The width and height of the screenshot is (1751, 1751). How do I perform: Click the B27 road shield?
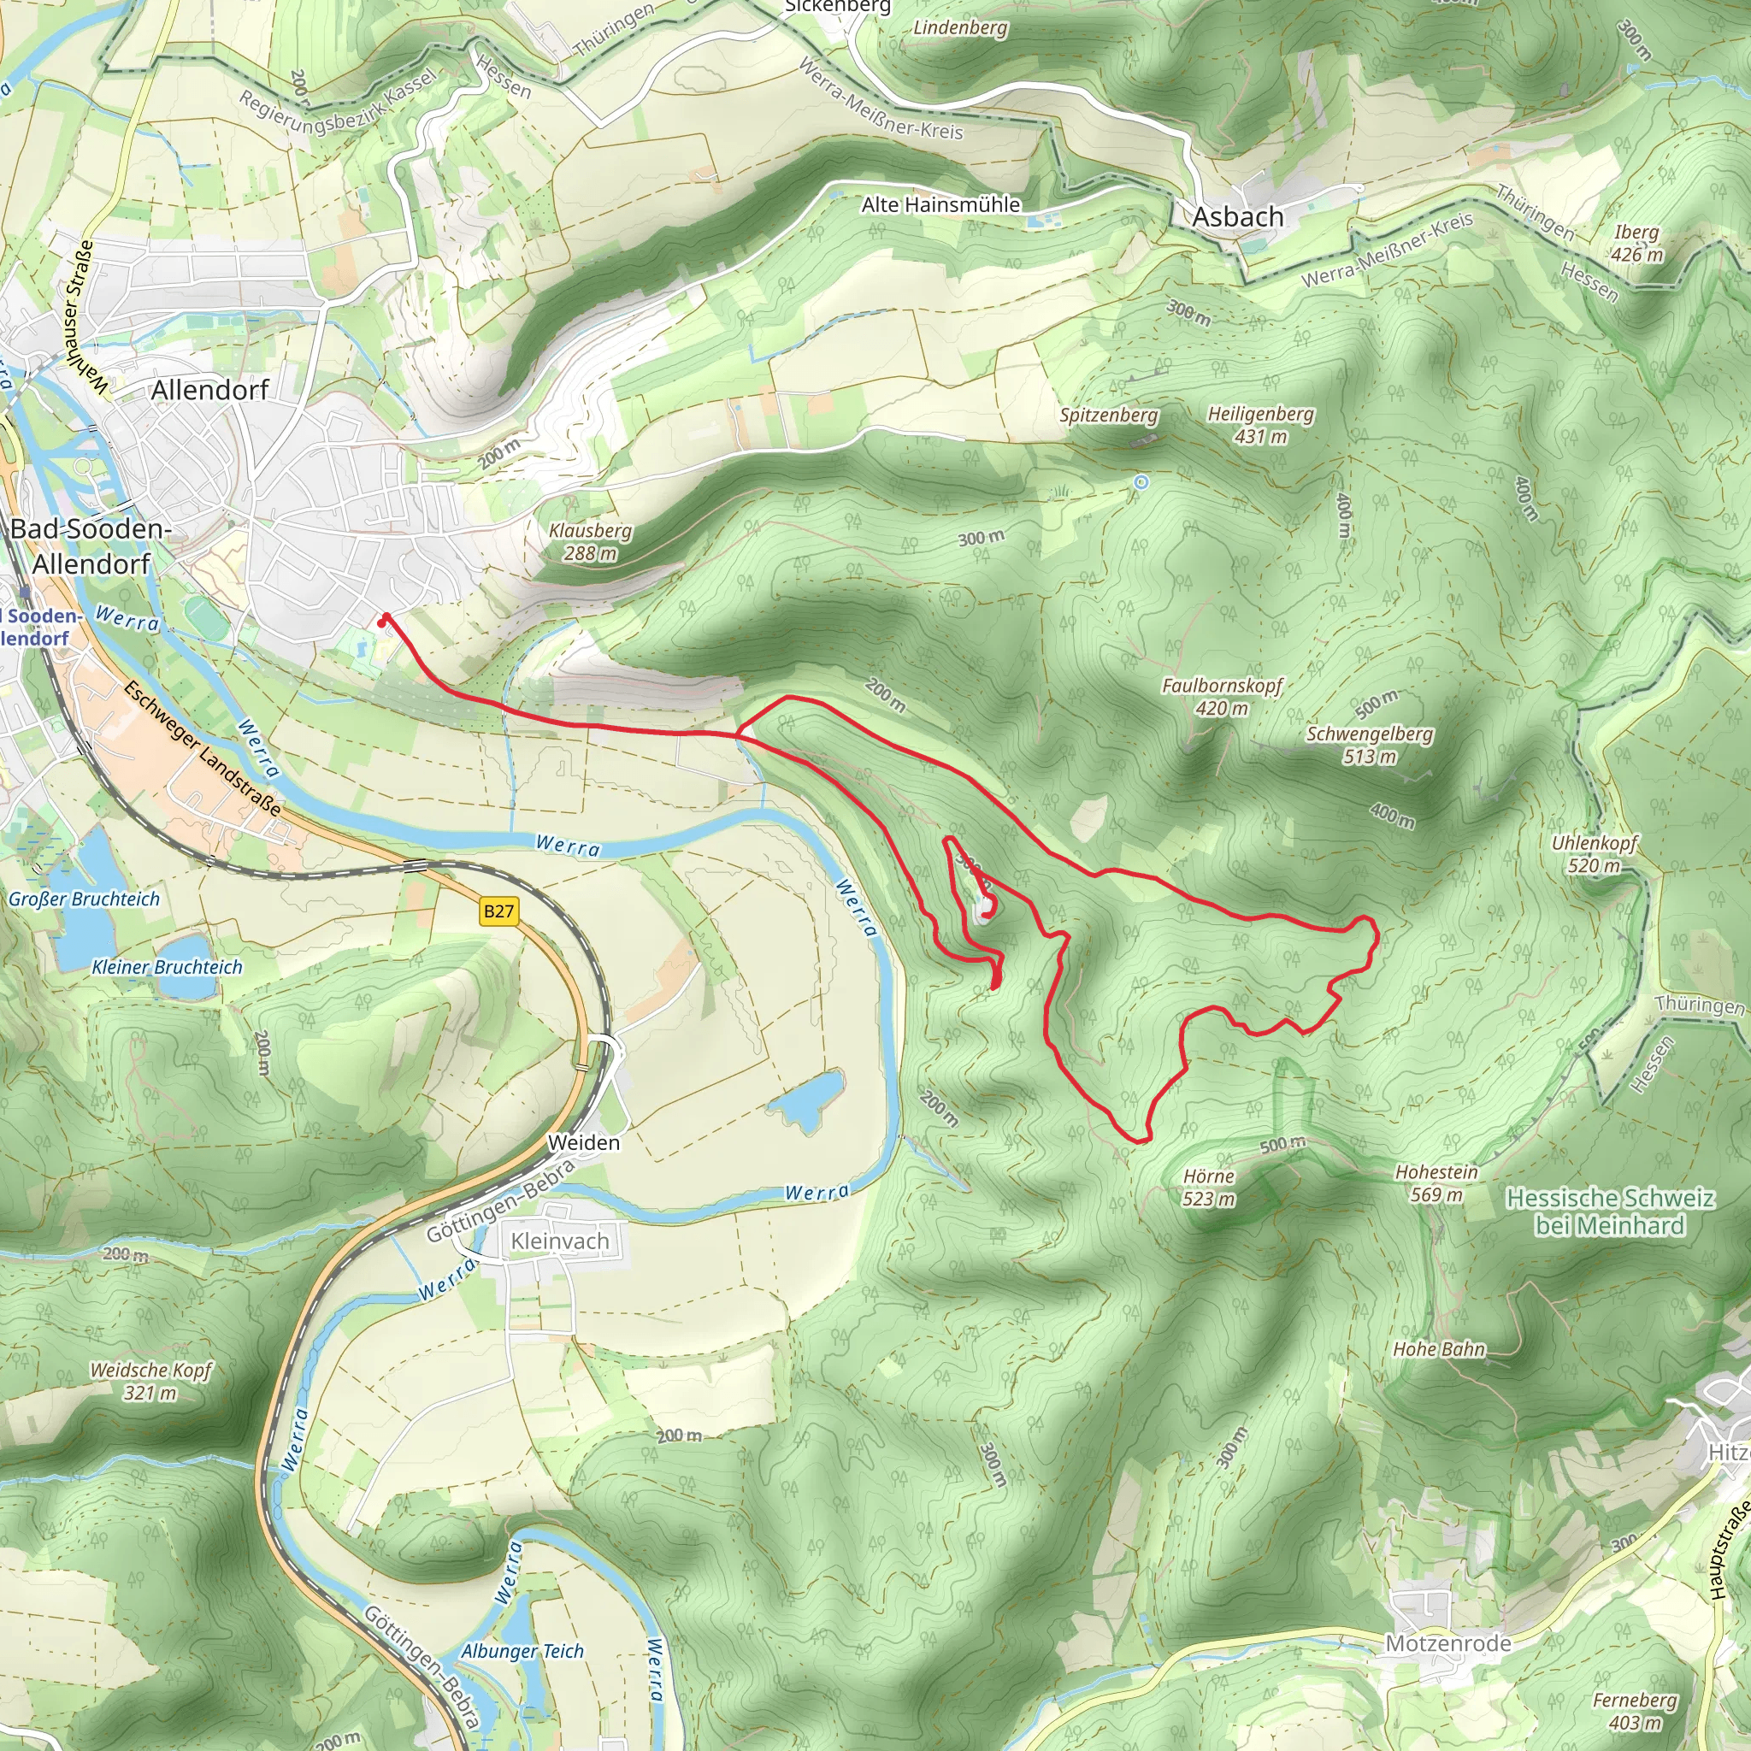pos(498,911)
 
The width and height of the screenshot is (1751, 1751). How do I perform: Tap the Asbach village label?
pos(1237,217)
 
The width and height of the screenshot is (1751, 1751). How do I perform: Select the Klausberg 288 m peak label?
pos(590,541)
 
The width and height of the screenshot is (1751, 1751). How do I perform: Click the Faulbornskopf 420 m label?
pos(1222,696)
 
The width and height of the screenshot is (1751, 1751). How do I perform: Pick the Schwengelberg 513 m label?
pos(1369,744)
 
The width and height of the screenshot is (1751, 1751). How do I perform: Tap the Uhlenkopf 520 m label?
pos(1595,854)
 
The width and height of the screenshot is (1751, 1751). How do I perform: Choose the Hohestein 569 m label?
pos(1436,1182)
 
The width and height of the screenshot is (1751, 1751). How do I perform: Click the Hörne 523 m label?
pos(1209,1188)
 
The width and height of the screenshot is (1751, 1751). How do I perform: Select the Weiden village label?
pos(584,1143)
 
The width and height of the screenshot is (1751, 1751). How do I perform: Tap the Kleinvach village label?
pos(559,1241)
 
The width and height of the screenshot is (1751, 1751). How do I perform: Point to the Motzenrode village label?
pos(1447,1643)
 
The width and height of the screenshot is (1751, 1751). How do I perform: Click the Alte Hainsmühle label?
pos(940,205)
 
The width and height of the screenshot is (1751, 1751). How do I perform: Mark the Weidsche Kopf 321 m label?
pos(150,1380)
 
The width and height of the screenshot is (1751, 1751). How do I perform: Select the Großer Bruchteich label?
pos(84,899)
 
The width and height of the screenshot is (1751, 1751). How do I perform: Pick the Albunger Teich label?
pos(522,1650)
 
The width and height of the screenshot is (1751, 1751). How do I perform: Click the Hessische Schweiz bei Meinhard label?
pos(1610,1212)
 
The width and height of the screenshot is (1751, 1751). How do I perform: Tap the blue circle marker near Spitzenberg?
pos(1141,482)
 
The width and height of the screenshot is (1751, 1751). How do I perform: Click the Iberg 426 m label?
pos(1636,243)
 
